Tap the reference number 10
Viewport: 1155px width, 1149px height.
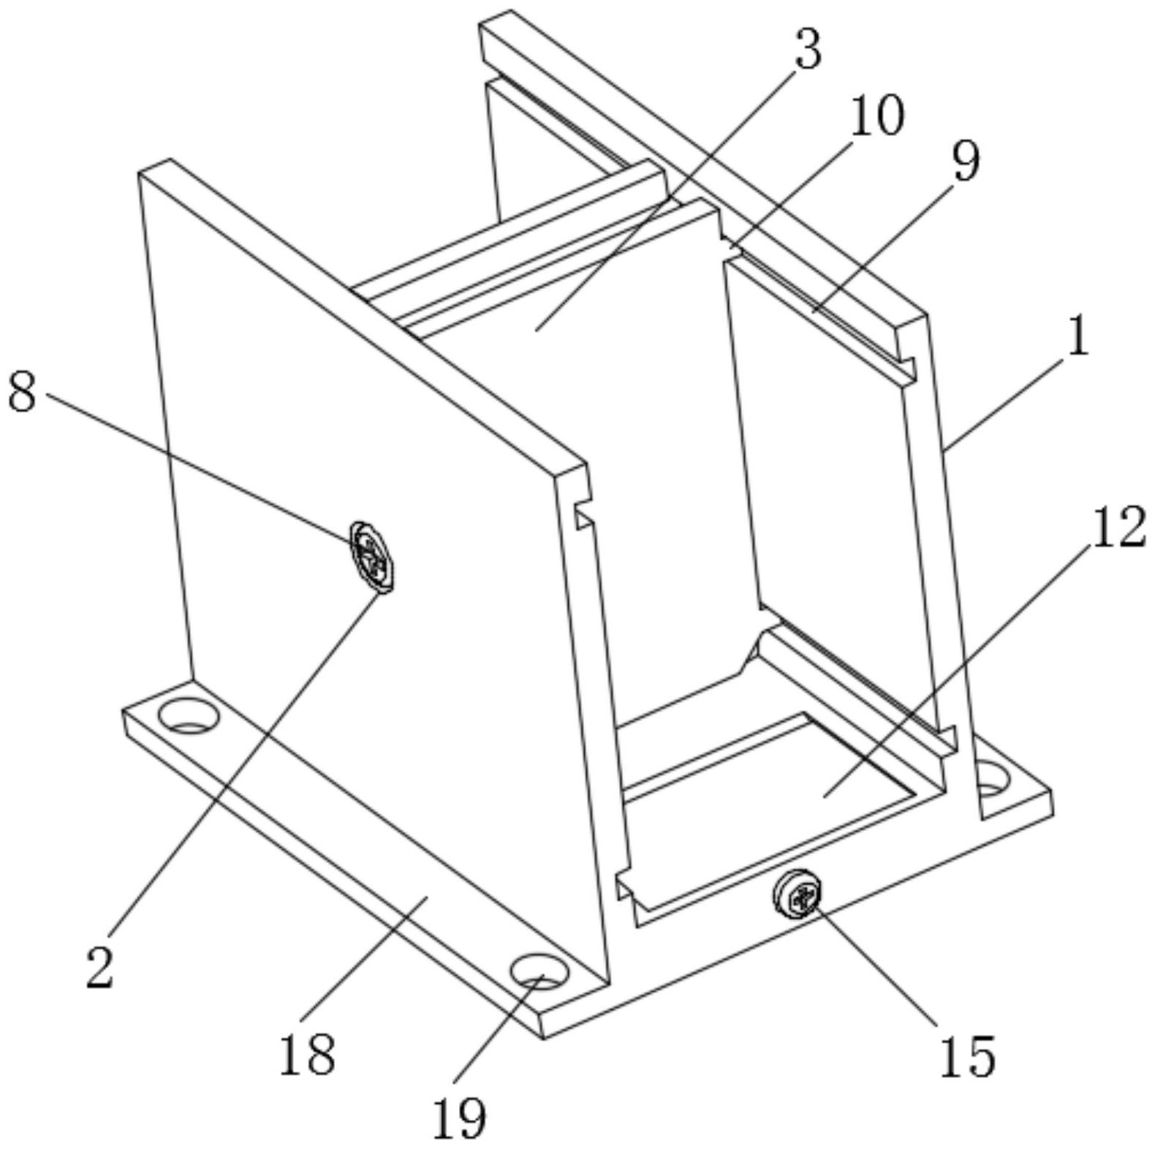coord(877,116)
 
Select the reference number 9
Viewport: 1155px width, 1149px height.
coord(965,162)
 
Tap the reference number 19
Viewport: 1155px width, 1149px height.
coord(459,1118)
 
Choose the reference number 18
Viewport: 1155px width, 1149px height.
coord(307,1054)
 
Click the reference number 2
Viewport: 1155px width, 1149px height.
coord(100,966)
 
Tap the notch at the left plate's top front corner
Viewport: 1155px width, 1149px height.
coord(583,516)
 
